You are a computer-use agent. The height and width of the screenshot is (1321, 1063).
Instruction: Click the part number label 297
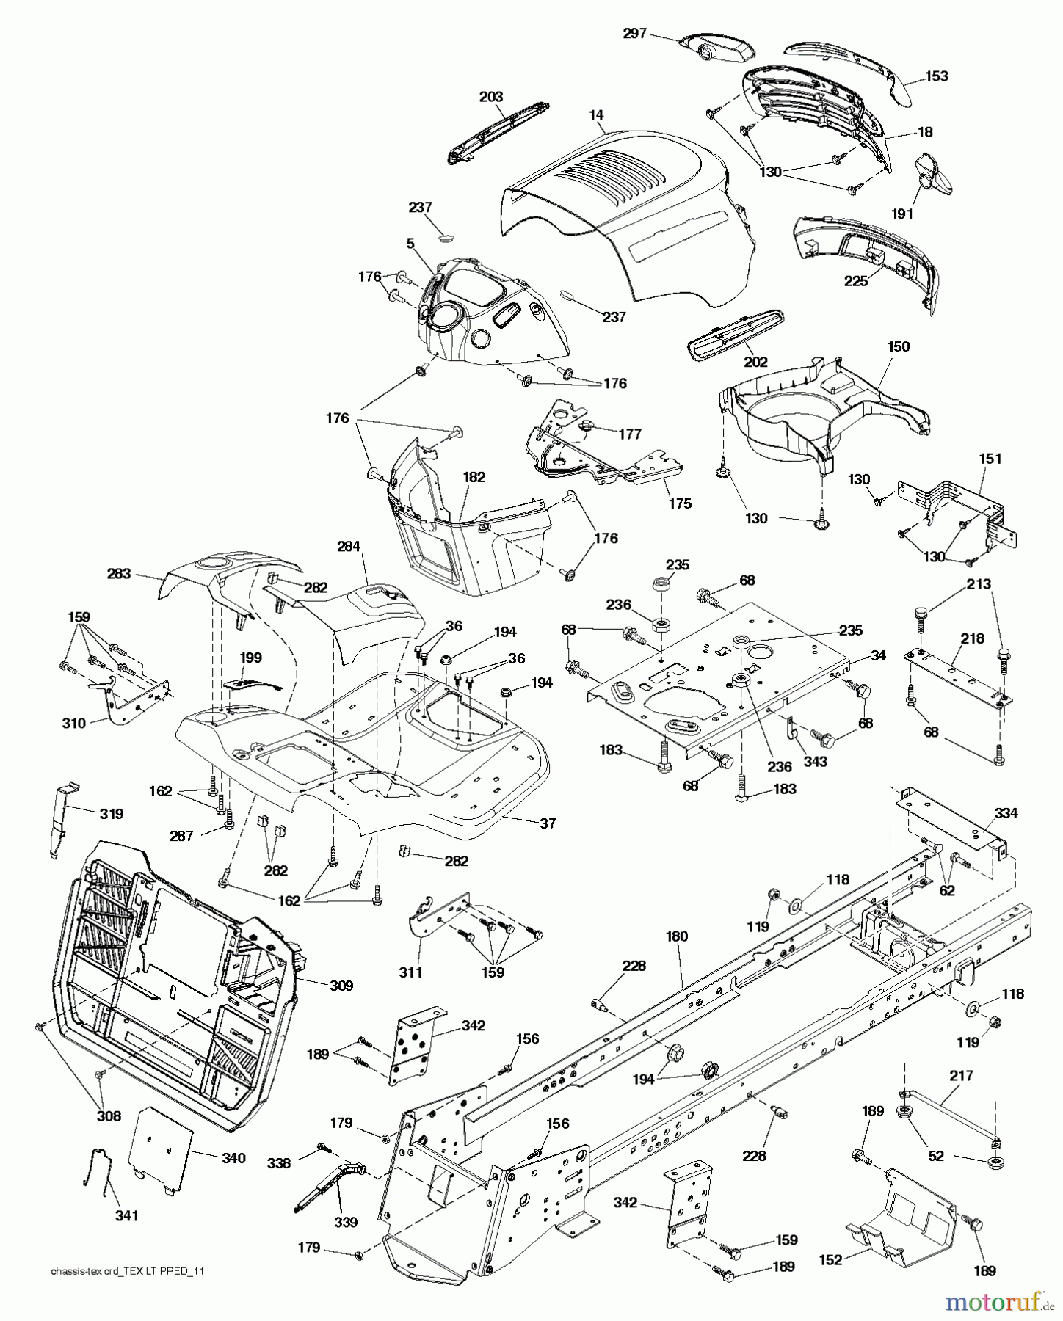636,33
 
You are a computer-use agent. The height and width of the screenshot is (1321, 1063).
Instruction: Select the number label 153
936,76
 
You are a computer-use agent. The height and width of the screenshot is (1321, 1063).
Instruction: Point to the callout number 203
491,96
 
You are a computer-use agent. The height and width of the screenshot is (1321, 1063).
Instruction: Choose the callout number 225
856,280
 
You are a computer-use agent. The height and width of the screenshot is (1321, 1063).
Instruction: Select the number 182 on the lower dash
474,476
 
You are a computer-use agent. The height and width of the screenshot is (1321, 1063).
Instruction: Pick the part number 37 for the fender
548,823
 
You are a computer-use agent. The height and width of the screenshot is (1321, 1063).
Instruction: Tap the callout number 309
341,985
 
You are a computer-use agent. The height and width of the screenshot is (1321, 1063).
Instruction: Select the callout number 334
1006,813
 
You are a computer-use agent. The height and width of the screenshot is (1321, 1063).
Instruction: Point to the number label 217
961,1076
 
